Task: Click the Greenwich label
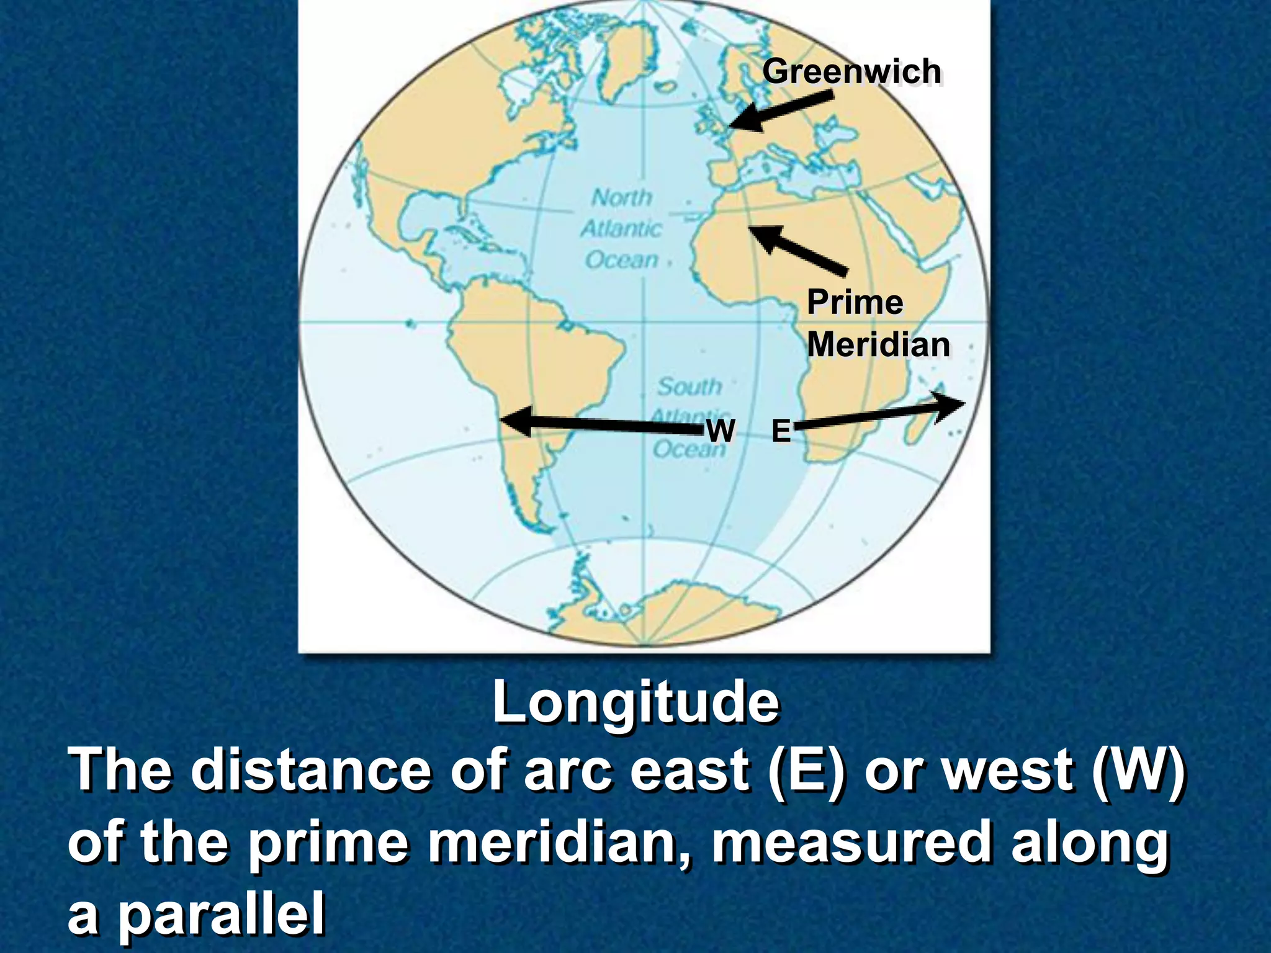pos(851,71)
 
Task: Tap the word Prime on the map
pos(855,303)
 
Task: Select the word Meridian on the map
pos(878,344)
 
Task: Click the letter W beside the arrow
pos(721,430)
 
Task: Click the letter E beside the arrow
pos(781,431)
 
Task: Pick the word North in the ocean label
pos(621,198)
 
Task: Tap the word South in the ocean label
pos(689,387)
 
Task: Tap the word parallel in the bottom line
pos(221,916)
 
